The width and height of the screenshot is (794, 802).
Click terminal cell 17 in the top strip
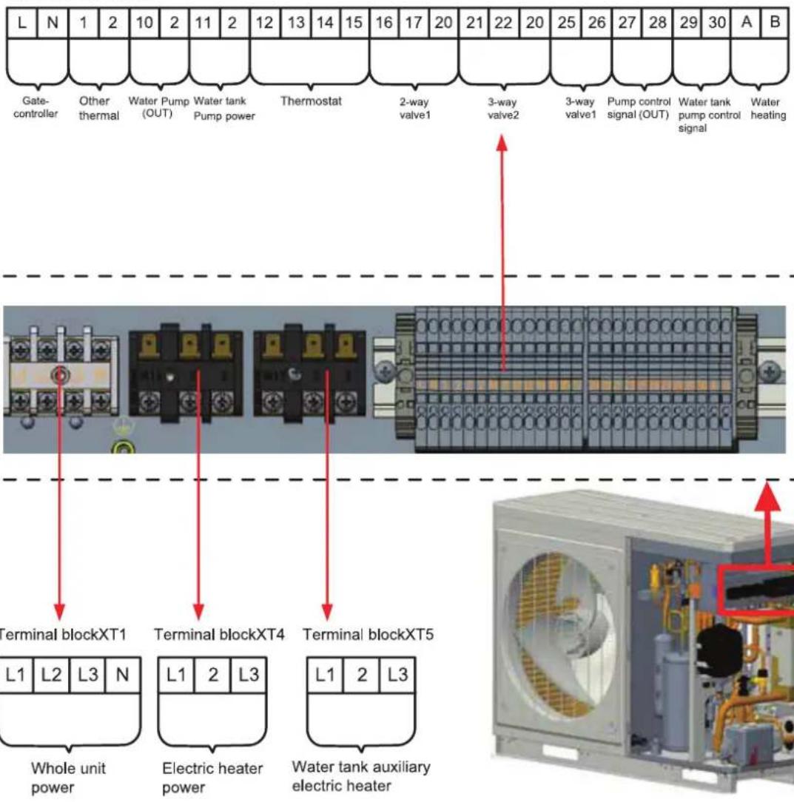click(x=414, y=23)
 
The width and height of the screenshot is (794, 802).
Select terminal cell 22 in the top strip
click(x=503, y=23)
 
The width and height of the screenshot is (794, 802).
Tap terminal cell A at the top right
click(x=747, y=22)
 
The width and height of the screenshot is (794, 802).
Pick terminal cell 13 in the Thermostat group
click(x=296, y=23)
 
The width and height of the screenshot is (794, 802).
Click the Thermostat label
click(x=311, y=101)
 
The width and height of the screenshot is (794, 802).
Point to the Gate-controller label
click(x=36, y=107)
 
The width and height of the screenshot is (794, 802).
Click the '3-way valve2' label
click(x=503, y=109)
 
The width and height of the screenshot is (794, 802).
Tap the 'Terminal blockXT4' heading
click(x=219, y=635)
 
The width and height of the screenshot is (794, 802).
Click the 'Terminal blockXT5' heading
click(x=368, y=635)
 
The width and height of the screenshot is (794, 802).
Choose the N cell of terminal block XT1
click(x=122, y=675)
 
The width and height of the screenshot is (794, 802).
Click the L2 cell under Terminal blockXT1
click(x=51, y=675)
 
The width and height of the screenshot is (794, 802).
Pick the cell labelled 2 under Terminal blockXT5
click(x=362, y=675)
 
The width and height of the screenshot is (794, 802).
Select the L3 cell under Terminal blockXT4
click(x=249, y=675)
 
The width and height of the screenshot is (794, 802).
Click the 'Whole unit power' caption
click(x=68, y=778)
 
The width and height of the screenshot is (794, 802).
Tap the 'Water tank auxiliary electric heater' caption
click(x=360, y=776)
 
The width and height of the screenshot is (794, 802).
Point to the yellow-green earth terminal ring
click(x=124, y=448)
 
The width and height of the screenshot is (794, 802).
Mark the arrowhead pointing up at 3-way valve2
click(x=502, y=142)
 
